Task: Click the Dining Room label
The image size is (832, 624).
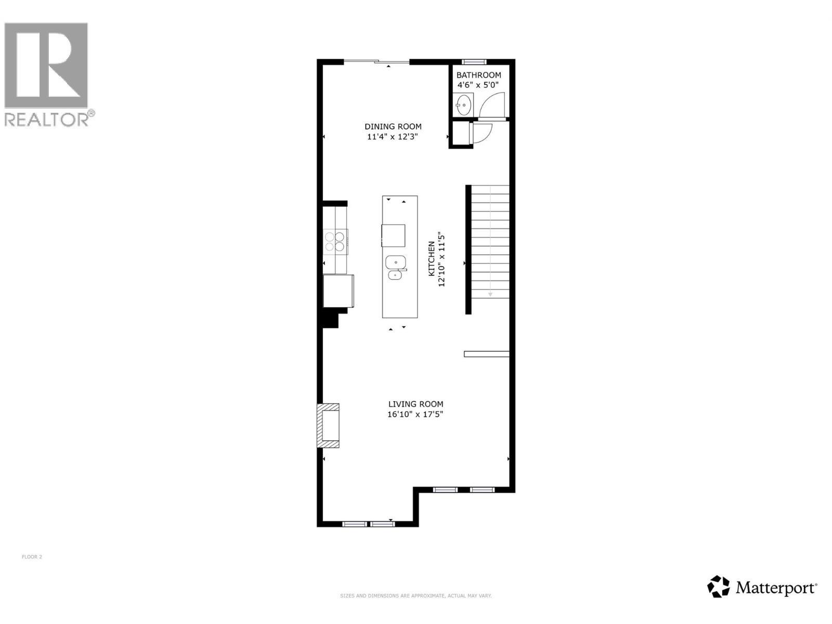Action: click(393, 126)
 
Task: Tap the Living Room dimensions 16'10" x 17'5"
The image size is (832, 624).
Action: click(415, 414)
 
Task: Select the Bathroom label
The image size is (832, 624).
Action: click(478, 75)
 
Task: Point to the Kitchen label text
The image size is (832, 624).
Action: click(432, 259)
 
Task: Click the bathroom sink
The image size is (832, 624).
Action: click(463, 105)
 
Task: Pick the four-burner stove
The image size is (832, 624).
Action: click(335, 241)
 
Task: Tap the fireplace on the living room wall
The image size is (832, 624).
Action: click(328, 425)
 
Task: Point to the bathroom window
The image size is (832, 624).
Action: click(474, 62)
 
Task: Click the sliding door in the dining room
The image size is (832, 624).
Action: click(376, 61)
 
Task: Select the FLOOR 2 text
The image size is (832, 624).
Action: click(32, 557)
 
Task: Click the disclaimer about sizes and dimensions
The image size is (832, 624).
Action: click(416, 596)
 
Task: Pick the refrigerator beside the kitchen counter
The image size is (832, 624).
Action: click(338, 291)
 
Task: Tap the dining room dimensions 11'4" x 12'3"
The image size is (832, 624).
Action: click(392, 137)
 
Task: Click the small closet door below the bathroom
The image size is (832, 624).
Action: click(481, 133)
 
